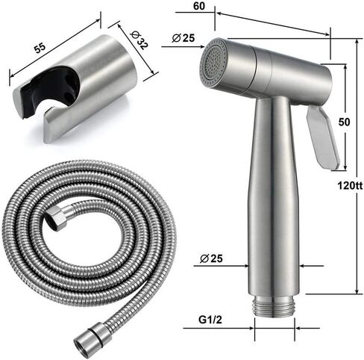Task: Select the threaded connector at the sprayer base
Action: [x=274, y=305]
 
